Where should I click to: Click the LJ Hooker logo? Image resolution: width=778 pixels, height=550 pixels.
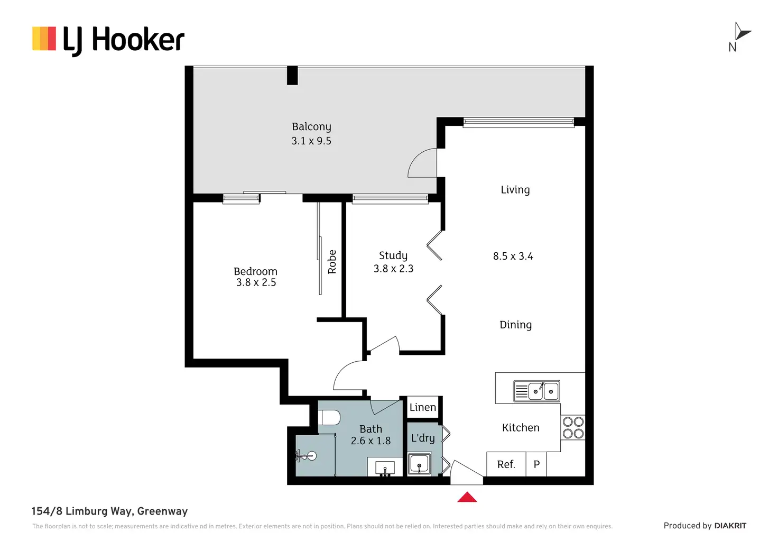(x=108, y=40)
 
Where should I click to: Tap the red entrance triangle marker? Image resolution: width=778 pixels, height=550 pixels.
(x=467, y=497)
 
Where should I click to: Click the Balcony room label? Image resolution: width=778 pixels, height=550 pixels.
(x=311, y=127)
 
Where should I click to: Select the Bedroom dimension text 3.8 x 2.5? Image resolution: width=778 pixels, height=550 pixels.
(x=256, y=282)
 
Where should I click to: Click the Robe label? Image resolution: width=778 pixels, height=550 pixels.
(x=332, y=262)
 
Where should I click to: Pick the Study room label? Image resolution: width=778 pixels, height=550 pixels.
(x=393, y=255)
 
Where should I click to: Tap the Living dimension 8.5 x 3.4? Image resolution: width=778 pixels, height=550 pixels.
(x=513, y=256)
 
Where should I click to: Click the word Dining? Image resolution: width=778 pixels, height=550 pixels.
(x=515, y=325)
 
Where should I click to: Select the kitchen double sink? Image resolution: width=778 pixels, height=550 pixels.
(x=536, y=391)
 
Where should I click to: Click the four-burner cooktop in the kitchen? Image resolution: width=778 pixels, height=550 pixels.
(x=573, y=427)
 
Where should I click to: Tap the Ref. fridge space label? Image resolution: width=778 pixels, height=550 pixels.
(x=506, y=464)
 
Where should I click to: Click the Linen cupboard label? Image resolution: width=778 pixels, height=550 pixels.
(x=423, y=407)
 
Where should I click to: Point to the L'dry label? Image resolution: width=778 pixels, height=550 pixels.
(x=423, y=438)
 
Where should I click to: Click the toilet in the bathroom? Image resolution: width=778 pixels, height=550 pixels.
(x=329, y=417)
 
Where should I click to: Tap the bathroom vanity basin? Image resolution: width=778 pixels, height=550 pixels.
(x=385, y=468)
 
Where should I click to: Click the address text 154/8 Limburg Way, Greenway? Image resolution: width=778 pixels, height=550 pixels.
(x=109, y=511)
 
